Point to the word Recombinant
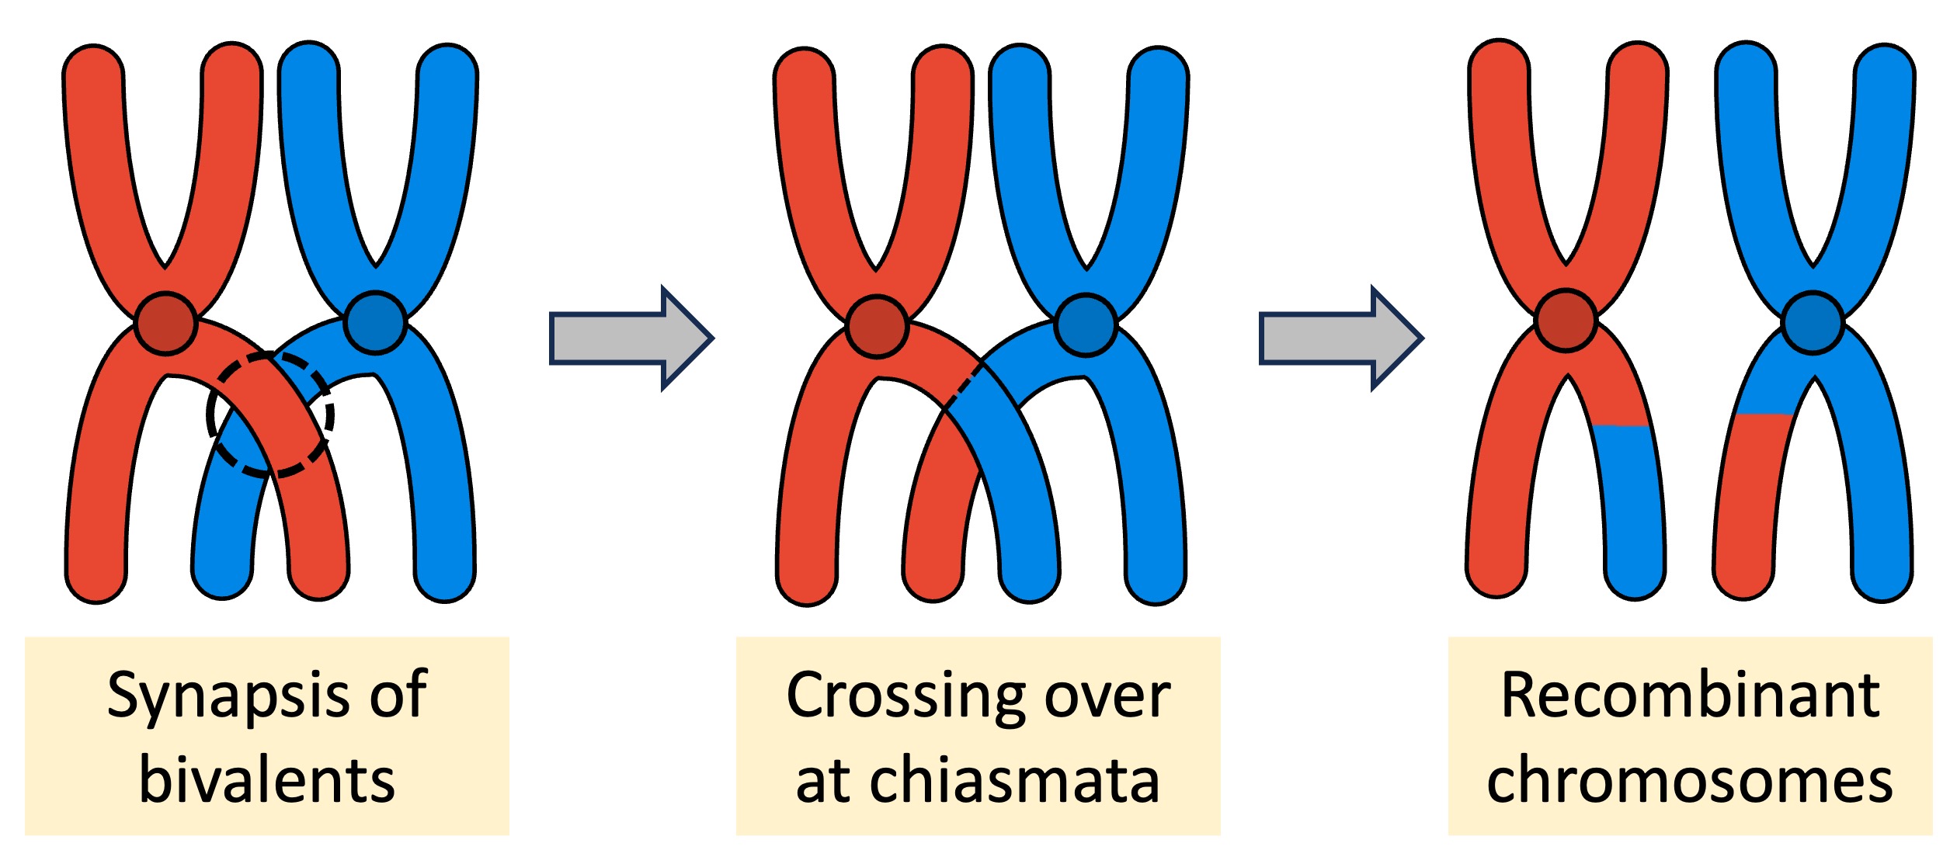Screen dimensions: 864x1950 coord(1690,694)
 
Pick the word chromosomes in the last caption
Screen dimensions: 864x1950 coord(1690,780)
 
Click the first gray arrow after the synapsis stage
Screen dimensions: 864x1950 coord(629,338)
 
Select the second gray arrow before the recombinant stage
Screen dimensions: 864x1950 coord(1340,338)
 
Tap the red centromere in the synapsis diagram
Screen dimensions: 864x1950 coord(165,324)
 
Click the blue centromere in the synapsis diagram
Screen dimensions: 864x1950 coord(375,323)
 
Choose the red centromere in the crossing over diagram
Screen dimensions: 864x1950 coord(877,326)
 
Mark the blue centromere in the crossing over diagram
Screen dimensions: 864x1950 coord(1086,324)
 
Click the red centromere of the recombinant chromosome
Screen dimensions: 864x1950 coord(1566,321)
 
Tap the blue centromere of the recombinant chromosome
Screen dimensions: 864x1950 coord(1812,323)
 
